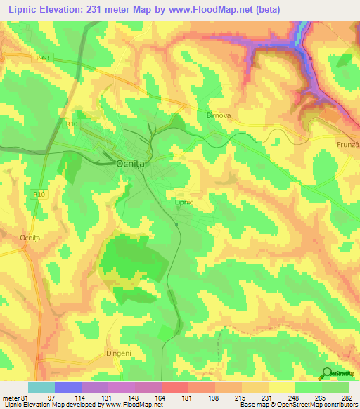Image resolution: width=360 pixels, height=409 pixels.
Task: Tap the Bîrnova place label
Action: tap(215, 113)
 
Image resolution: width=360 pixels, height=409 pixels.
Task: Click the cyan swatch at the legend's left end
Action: tap(41, 387)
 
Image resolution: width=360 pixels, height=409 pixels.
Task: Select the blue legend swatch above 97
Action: tap(68, 387)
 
